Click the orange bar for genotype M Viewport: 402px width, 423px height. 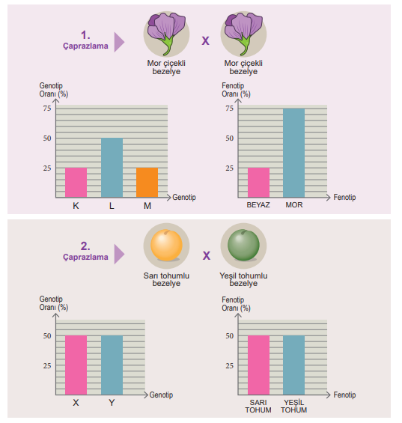[x=147, y=183]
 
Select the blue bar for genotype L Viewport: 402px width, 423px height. [x=112, y=168]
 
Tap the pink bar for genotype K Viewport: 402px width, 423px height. [x=76, y=183]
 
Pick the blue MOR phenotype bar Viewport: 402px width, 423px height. [x=293, y=153]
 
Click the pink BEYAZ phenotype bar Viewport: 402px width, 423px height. [x=258, y=183]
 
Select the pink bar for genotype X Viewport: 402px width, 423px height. [x=76, y=365]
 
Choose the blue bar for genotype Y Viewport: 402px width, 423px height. [x=112, y=365]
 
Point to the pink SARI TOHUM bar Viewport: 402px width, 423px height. [x=258, y=365]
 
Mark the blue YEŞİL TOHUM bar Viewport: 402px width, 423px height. [x=293, y=365]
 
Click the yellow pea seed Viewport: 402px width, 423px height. [x=166, y=246]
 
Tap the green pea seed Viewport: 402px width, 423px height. [x=243, y=246]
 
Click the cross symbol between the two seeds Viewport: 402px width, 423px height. [x=207, y=255]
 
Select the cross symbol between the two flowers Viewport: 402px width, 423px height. [x=205, y=41]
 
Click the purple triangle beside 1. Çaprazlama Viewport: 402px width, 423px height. [x=119, y=42]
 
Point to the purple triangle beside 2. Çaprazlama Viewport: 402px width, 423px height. [x=119, y=254]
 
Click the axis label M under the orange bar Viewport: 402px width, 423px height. [x=147, y=206]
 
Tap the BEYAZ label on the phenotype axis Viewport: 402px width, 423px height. [x=258, y=205]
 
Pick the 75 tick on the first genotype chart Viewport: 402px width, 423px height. [x=47, y=109]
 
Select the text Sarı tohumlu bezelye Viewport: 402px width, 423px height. [x=166, y=279]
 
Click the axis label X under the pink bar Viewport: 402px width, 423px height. [x=76, y=403]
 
